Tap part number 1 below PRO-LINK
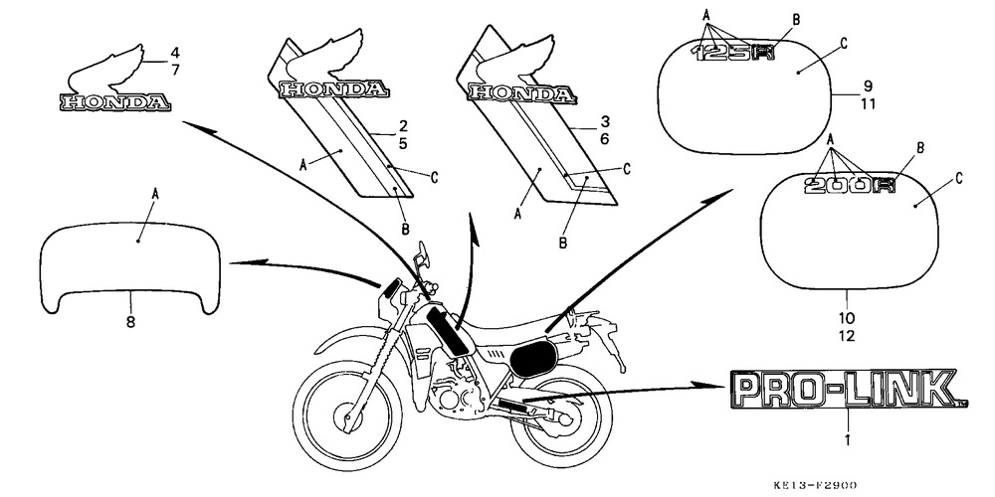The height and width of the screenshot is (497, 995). (847, 438)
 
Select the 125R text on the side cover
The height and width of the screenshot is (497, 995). (732, 56)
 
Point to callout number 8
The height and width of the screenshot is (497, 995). (130, 321)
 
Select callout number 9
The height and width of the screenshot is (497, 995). (867, 86)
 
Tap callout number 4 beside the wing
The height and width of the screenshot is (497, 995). (173, 52)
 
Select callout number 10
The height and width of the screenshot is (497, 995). (847, 317)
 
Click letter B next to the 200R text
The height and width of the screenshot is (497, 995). (919, 147)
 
